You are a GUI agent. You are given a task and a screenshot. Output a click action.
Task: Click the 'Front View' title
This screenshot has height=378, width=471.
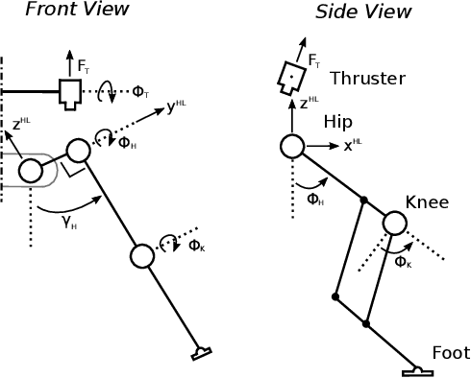tap(77, 11)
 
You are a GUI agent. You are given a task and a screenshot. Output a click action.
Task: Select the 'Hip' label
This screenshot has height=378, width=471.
tap(338, 123)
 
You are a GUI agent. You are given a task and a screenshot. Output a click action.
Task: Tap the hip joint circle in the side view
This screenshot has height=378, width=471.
tap(292, 146)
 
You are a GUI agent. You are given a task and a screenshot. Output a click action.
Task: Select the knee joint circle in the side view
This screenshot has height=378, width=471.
tap(394, 224)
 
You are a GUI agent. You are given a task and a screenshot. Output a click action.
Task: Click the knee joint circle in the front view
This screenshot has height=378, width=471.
tap(142, 255)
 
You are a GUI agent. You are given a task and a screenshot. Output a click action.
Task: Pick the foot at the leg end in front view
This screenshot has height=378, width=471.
tap(203, 353)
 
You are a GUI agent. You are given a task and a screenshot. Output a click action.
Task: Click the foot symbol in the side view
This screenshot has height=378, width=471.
tap(416, 369)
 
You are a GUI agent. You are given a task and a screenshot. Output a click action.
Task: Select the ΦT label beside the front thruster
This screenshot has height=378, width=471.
tap(140, 92)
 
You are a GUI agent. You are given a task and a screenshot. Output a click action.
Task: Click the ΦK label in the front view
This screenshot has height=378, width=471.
tap(196, 246)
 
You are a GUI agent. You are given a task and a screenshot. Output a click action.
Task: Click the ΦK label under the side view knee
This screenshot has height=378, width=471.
tap(402, 262)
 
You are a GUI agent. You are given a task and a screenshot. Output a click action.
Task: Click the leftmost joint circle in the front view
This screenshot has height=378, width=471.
tap(30, 171)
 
